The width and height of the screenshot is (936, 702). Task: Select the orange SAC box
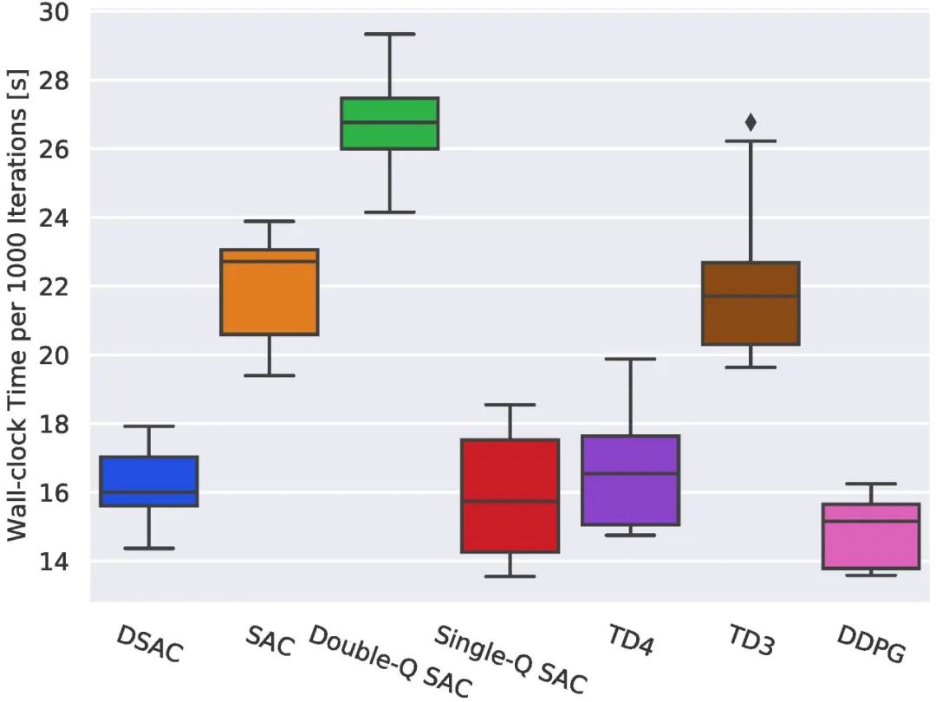(x=270, y=292)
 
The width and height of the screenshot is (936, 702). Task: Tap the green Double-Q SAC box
(x=389, y=123)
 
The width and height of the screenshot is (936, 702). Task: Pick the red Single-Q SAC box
(x=510, y=496)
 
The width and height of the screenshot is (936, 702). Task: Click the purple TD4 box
(x=629, y=480)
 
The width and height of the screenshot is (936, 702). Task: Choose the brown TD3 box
(x=750, y=303)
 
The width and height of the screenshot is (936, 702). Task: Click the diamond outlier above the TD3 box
(x=751, y=122)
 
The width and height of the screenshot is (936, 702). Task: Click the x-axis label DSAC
(x=150, y=644)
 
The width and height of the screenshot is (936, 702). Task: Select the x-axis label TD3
(x=751, y=641)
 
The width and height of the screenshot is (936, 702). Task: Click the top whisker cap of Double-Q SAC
(x=389, y=34)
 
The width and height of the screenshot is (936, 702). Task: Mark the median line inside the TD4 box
(x=629, y=473)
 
